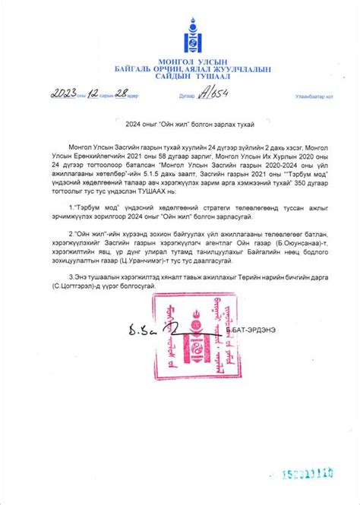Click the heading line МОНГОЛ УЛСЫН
coord(179,62)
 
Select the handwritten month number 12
coord(93,93)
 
